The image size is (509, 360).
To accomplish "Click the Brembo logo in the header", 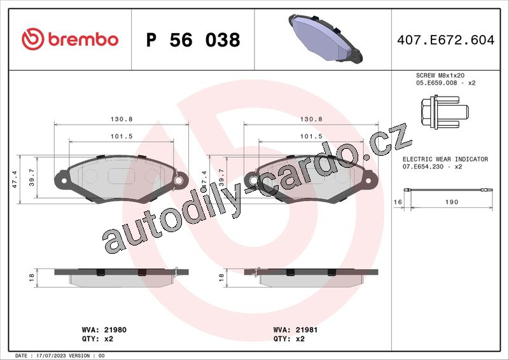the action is pyautogui.click(x=70, y=39).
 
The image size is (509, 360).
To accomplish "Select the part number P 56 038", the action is pyautogui.click(x=193, y=40).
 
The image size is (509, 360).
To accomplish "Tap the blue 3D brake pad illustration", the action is pyautogui.click(x=325, y=38).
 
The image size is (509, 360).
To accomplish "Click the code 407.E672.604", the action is pyautogui.click(x=446, y=40).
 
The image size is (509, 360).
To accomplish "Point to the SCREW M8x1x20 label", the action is pyautogui.click(x=440, y=75).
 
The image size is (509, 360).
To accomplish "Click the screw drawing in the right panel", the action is pyautogui.click(x=445, y=112).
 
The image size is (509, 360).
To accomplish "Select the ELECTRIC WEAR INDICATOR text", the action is pyautogui.click(x=445, y=159).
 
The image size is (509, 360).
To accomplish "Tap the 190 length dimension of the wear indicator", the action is pyautogui.click(x=452, y=202).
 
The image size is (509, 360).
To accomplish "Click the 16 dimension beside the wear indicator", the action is pyautogui.click(x=398, y=202).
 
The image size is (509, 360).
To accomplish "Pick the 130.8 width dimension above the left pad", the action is pyautogui.click(x=122, y=119).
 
